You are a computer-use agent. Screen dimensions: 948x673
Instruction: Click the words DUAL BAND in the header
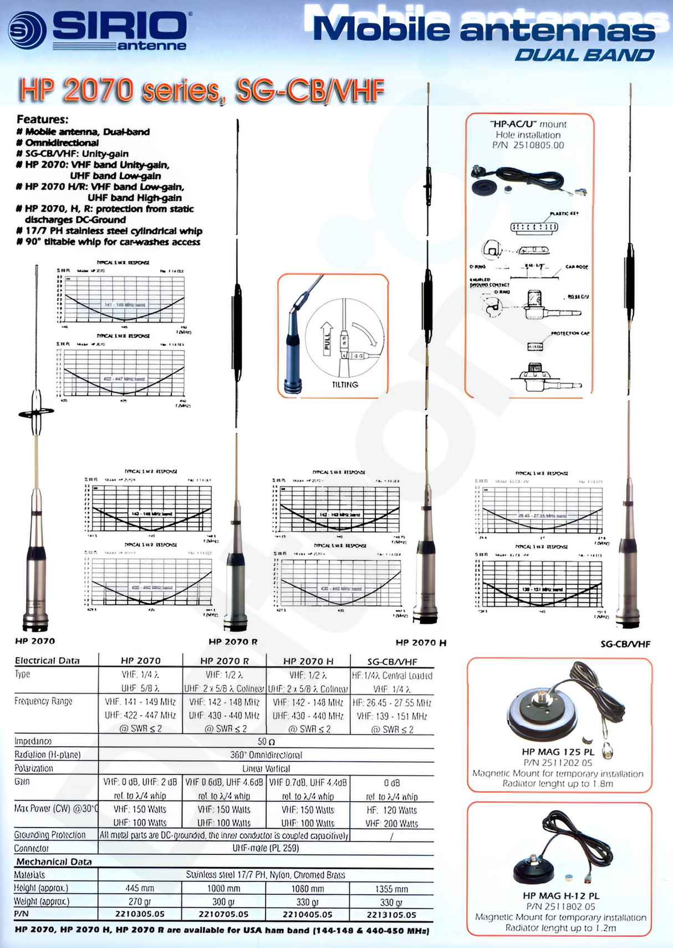pos(584,55)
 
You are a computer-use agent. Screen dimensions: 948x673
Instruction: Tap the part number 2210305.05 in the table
pos(140,914)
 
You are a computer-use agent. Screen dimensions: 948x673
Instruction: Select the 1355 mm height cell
pos(391,889)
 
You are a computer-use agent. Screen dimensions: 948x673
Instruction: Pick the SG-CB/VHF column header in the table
pos(392,661)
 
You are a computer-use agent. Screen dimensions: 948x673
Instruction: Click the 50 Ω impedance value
pos(266,741)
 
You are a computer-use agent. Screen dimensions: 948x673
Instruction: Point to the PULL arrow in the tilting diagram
pos(327,338)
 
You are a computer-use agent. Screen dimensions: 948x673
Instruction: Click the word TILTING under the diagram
pos(345,384)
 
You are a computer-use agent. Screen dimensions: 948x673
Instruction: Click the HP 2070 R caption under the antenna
pos(233,641)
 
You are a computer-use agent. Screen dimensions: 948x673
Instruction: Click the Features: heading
pos(43,119)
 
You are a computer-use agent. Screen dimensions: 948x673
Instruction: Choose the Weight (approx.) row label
pos(42,901)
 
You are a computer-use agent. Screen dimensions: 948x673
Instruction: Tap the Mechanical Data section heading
pos(54,862)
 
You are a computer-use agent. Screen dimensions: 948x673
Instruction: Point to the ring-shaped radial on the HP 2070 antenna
pos(37,412)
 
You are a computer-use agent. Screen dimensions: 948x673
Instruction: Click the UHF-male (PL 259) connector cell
pos(266,848)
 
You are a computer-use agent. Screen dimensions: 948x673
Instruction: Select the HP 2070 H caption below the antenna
pos(420,643)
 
